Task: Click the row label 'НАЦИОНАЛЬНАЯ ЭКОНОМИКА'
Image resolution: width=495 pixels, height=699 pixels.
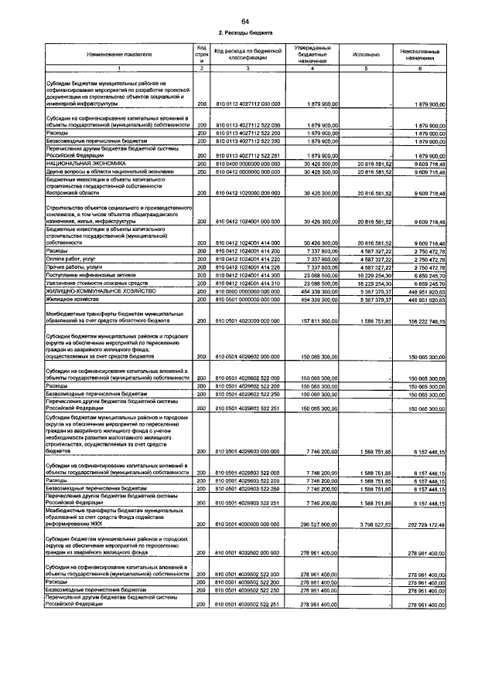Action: click(x=82, y=165)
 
